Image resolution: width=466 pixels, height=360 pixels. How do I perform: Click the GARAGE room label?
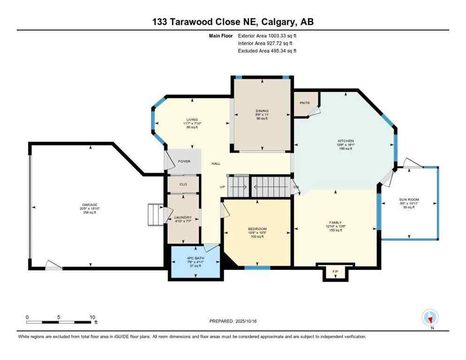(90, 204)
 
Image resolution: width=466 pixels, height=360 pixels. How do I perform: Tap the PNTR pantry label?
(305, 103)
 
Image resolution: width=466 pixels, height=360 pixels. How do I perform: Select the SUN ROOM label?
(409, 199)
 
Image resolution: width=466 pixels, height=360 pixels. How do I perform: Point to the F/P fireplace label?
(335, 271)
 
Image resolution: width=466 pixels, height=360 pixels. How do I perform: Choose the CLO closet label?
(183, 184)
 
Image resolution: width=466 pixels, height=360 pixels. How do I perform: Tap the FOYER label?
(184, 161)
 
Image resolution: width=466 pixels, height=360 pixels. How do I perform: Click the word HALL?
(216, 164)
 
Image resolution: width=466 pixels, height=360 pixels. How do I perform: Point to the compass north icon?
(430, 318)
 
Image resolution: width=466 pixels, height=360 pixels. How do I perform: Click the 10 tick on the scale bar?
(90, 317)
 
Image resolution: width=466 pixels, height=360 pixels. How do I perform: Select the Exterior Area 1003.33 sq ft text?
(267, 35)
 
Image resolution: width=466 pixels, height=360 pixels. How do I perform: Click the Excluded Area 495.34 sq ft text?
(267, 51)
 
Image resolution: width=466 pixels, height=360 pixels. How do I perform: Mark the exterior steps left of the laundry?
(155, 214)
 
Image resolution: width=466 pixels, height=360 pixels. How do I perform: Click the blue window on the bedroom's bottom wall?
(257, 268)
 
